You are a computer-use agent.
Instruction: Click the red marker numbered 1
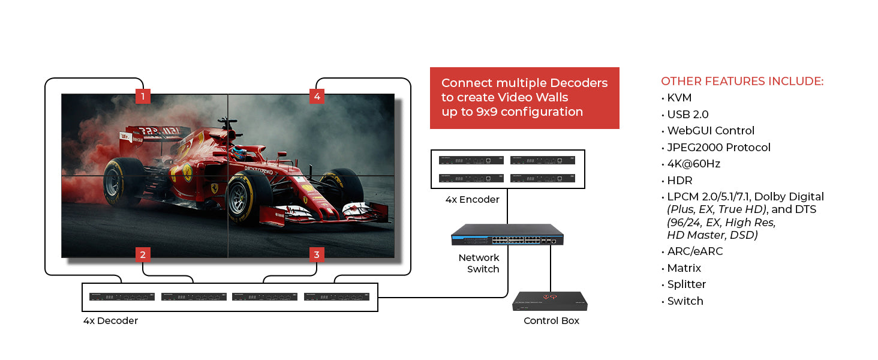pos(143,96)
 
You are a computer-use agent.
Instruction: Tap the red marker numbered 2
pos(143,254)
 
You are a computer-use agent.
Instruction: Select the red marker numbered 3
pos(317,254)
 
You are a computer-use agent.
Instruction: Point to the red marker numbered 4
pos(317,96)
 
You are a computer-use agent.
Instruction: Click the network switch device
pos(507,235)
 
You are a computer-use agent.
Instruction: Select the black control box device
pos(550,301)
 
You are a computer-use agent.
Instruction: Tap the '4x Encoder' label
pos(473,199)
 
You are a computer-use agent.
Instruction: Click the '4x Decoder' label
pos(110,320)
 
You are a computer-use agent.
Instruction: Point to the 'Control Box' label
pos(552,320)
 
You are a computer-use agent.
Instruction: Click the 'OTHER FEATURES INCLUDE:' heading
pos(742,81)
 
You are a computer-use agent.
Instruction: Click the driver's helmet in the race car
pos(239,153)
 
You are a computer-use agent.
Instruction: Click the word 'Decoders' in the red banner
pos(579,83)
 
